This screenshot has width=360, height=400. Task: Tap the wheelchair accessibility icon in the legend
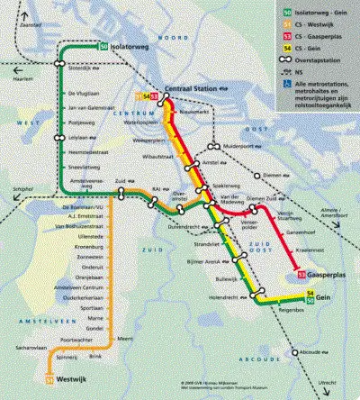288,80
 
